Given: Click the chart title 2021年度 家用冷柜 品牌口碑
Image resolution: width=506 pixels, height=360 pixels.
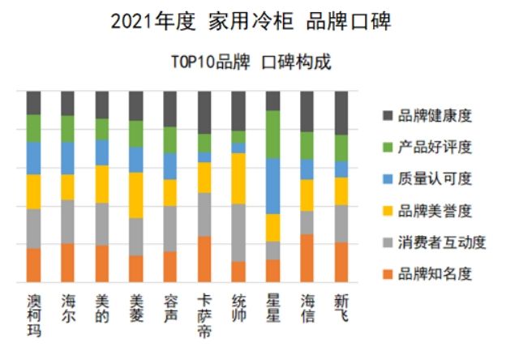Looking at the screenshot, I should point(251,22).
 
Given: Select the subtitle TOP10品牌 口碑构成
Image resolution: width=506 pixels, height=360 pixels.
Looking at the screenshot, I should point(251,62).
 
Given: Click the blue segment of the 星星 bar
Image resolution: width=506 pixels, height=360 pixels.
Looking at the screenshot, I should point(273,186).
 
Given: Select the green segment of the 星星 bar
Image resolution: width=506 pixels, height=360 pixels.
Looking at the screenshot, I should point(273,135).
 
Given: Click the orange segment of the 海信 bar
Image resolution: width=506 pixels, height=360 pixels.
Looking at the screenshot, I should point(307,258).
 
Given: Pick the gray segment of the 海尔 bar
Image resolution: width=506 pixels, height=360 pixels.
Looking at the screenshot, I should point(67,221).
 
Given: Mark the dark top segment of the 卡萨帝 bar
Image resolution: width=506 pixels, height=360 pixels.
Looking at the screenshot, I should point(204,112).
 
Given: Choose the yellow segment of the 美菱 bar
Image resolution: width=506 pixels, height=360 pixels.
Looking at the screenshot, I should point(136,195).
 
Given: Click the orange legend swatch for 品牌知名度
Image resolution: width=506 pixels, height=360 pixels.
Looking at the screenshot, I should point(387,273).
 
